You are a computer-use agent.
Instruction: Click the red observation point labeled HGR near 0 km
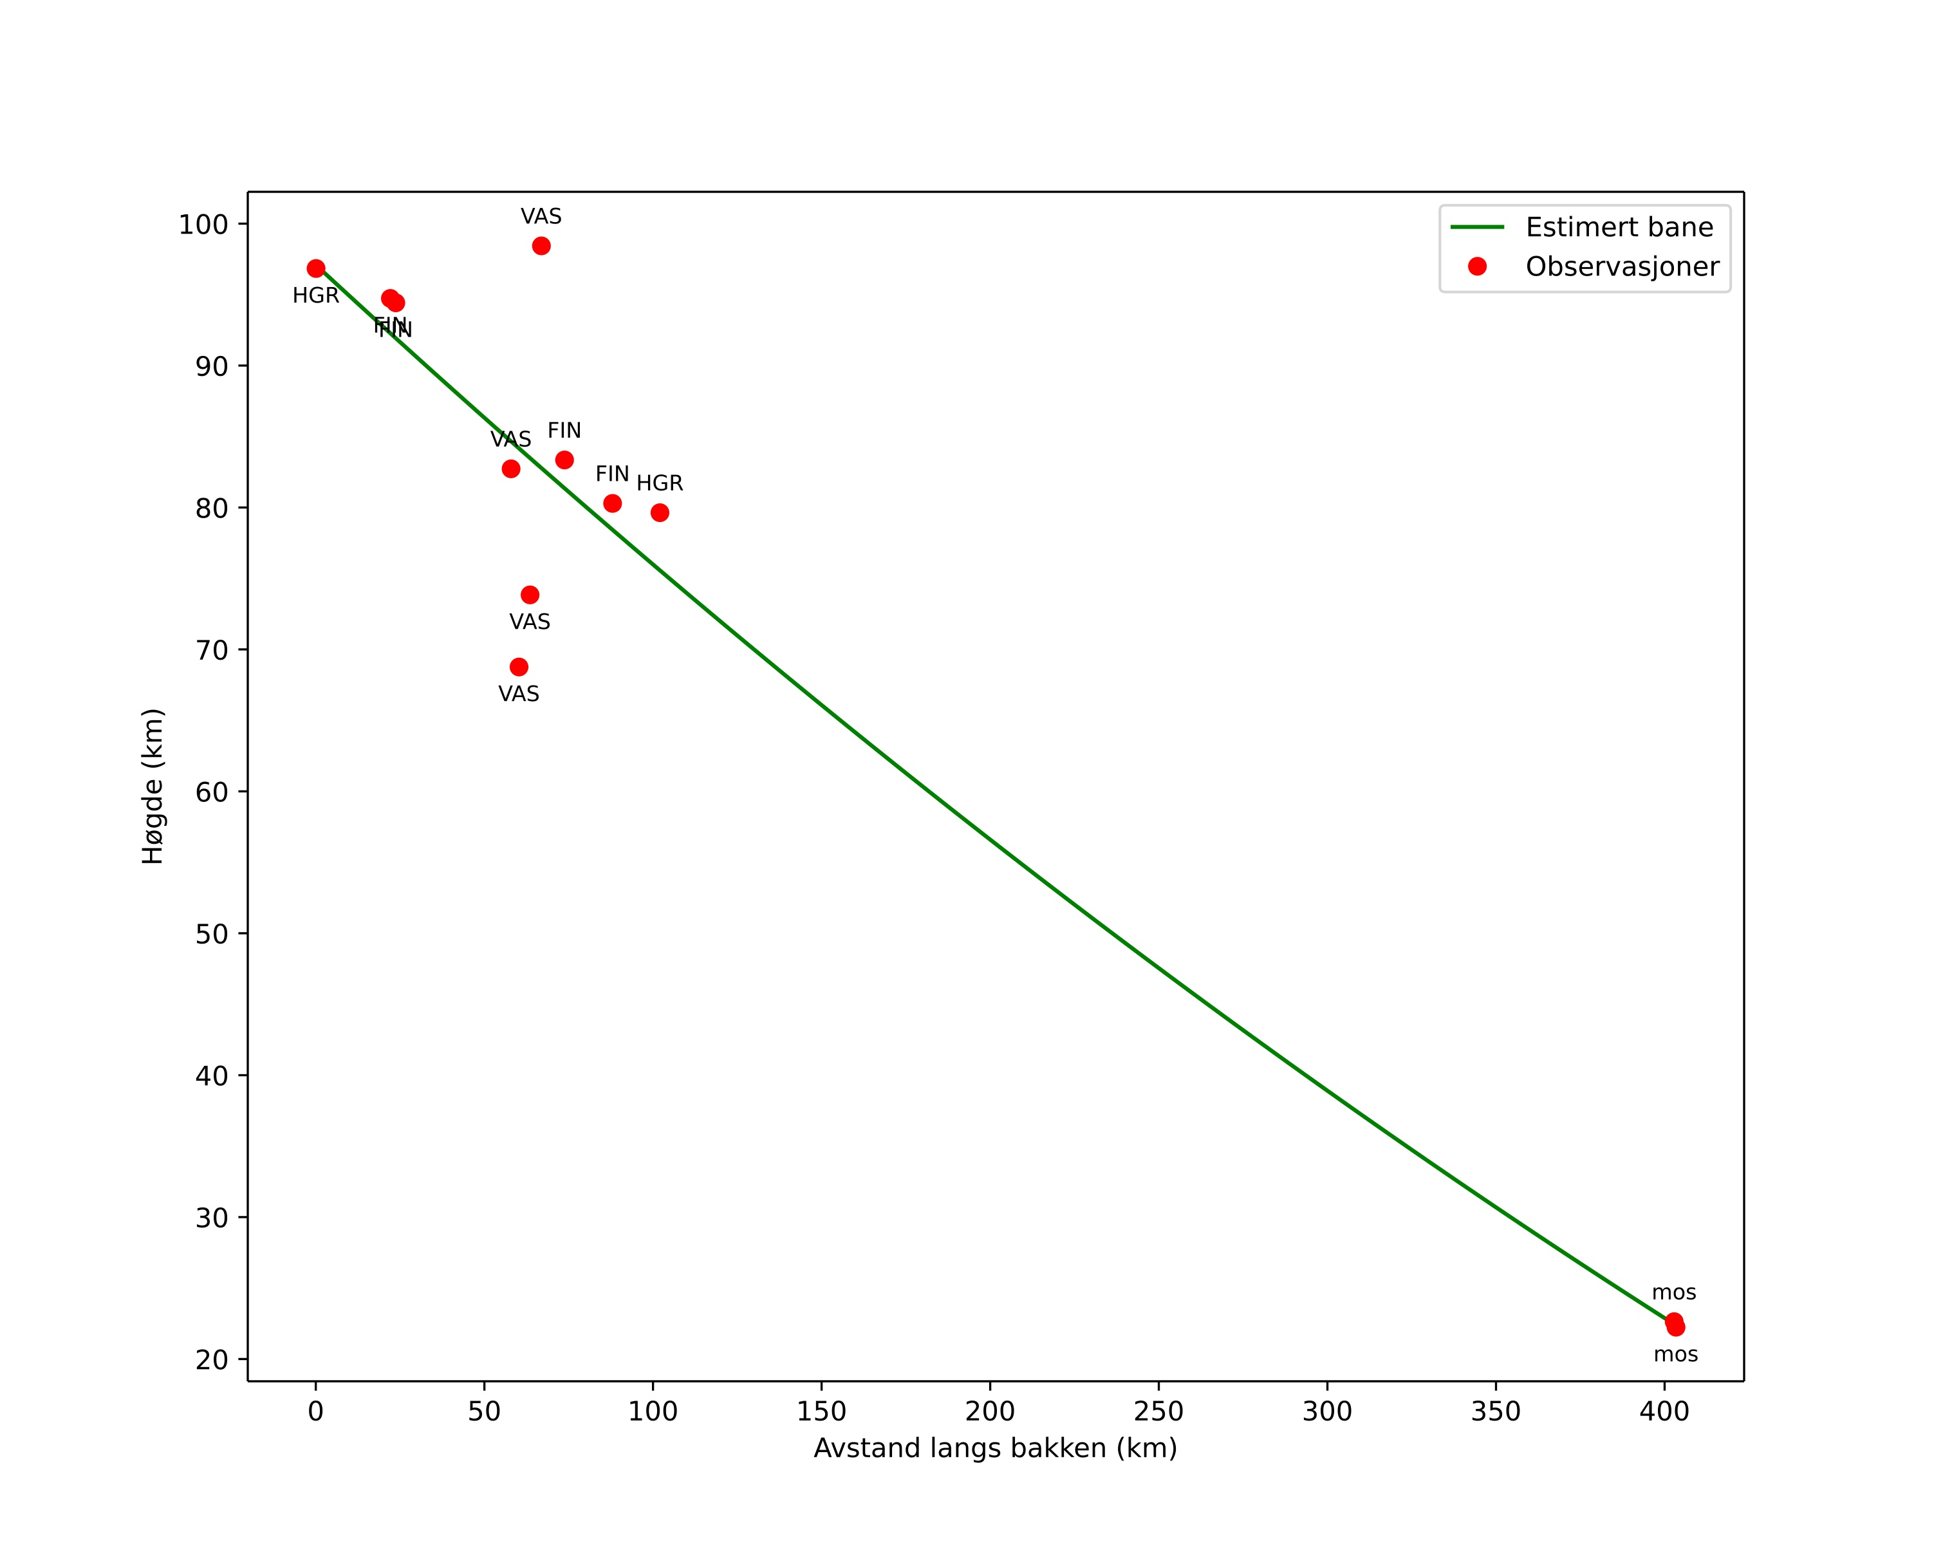click(x=315, y=268)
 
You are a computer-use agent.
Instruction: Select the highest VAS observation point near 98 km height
click(x=541, y=246)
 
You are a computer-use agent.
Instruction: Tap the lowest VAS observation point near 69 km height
click(x=518, y=667)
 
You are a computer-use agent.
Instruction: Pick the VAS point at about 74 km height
click(x=530, y=595)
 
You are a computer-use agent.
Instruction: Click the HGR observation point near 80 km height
click(x=660, y=513)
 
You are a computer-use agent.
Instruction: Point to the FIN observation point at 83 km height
click(x=564, y=460)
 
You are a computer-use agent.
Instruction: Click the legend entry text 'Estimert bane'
click(x=1619, y=227)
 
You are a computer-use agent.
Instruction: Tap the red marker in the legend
click(x=1477, y=266)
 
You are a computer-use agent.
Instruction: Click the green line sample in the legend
click(x=1477, y=227)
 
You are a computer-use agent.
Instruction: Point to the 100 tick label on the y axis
click(x=203, y=225)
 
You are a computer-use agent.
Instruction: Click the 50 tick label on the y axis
click(x=212, y=935)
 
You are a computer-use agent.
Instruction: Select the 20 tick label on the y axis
click(x=212, y=1359)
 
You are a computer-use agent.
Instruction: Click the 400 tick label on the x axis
click(x=1664, y=1412)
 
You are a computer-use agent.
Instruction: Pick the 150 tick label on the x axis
click(x=821, y=1412)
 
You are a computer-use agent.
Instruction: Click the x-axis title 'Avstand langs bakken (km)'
click(x=995, y=1449)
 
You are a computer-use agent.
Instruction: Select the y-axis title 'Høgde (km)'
click(x=153, y=786)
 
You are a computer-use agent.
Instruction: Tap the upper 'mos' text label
click(x=1673, y=1293)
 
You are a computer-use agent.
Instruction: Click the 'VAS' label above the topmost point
click(x=541, y=217)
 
